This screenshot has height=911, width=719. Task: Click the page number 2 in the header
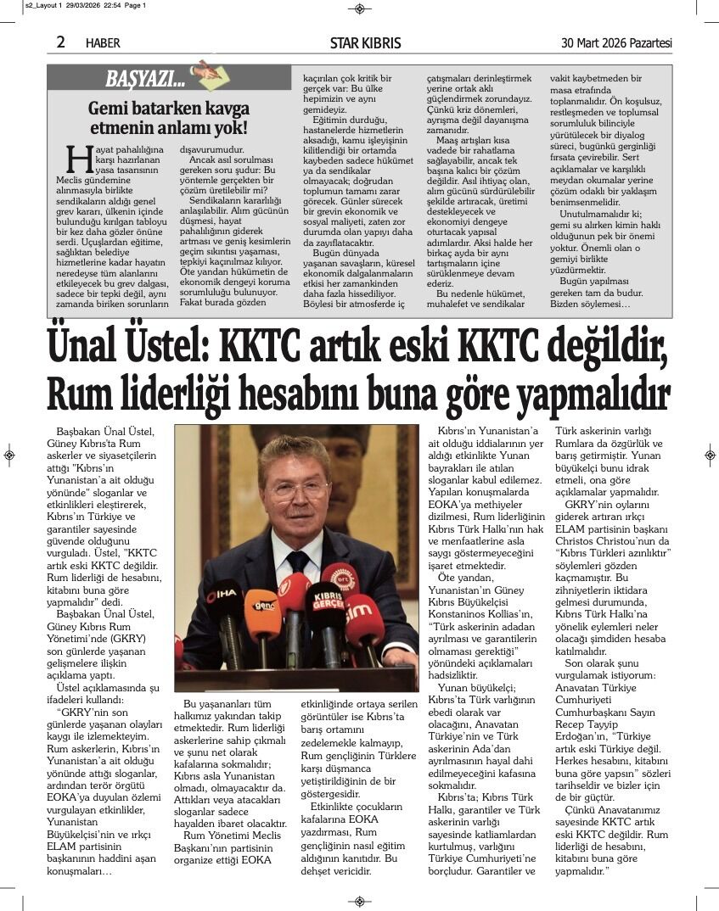coord(61,42)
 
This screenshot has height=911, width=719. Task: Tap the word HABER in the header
coord(103,43)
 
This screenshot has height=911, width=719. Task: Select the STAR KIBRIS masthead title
coord(365,42)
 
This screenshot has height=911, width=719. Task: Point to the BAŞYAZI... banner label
coord(144,80)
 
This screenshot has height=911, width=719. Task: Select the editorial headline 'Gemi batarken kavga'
coord(169,109)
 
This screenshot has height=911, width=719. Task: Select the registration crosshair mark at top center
coord(359,8)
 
